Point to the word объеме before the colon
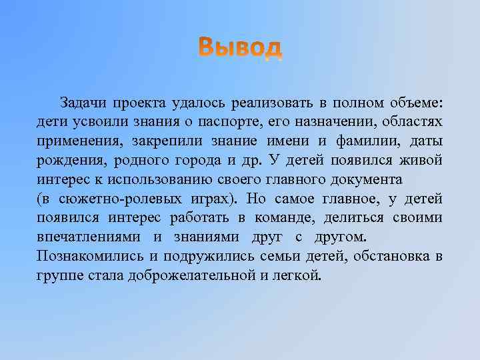coord(413,103)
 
